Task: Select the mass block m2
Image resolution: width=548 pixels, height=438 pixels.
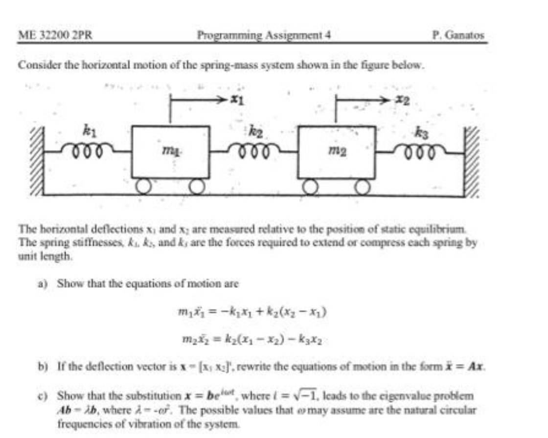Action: click(x=337, y=152)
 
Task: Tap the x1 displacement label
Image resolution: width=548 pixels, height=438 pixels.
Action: click(x=238, y=101)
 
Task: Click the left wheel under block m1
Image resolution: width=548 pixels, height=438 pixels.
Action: click(x=143, y=186)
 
